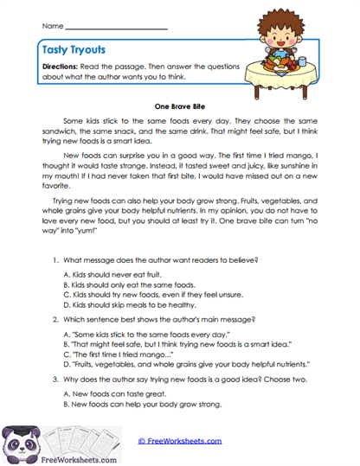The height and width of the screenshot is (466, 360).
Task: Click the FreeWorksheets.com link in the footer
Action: [179, 440]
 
